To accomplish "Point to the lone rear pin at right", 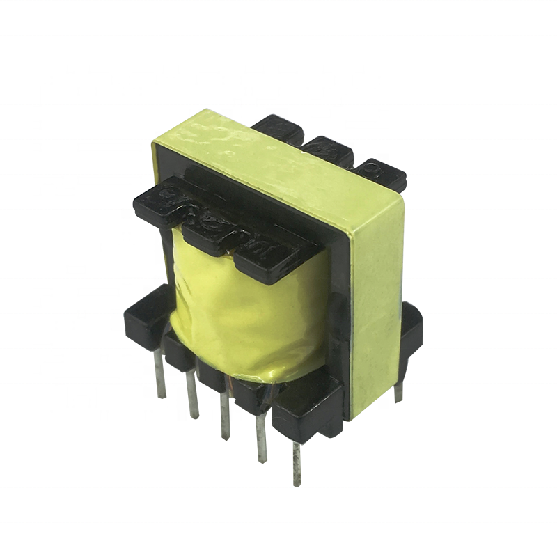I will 398,386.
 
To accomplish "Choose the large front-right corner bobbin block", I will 306,411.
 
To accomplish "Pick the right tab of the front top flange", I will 268,258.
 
